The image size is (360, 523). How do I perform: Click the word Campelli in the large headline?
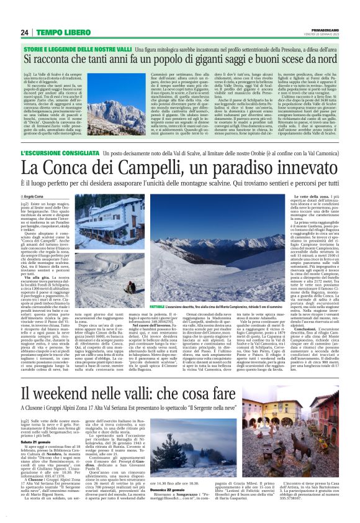[153, 167]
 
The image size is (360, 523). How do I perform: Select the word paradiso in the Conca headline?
[236, 167]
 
